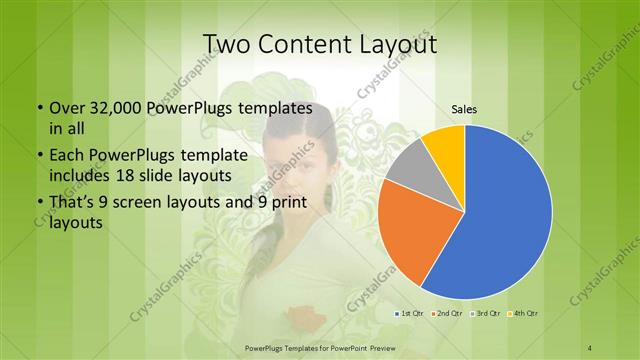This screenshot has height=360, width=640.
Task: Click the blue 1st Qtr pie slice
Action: click(x=500, y=220)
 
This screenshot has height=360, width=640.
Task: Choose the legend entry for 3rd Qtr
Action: click(x=486, y=314)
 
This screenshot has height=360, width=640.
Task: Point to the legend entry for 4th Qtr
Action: click(x=522, y=314)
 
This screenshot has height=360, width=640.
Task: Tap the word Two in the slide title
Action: click(x=229, y=44)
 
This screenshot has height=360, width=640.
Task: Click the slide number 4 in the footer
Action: click(x=590, y=347)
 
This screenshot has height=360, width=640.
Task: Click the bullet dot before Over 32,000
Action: click(x=39, y=108)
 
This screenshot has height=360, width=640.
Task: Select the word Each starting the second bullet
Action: click(x=66, y=156)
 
